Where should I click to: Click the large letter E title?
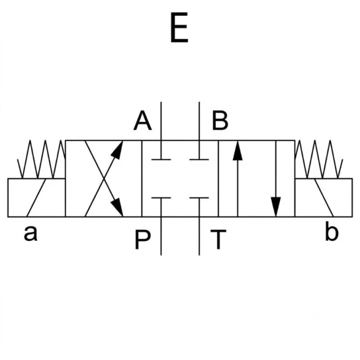pyautogui.click(x=179, y=27)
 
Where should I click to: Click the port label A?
pyautogui.click(x=143, y=120)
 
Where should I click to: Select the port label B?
pyautogui.click(x=220, y=120)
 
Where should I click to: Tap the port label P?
pyautogui.click(x=143, y=240)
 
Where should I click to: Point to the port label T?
pyautogui.click(x=219, y=240)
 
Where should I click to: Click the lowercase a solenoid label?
pyautogui.click(x=30, y=234)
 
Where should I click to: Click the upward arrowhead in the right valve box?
pyautogui.click(x=238, y=151)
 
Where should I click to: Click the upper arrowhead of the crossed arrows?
pyautogui.click(x=118, y=150)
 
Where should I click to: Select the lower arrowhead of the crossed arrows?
pyautogui.click(x=117, y=207)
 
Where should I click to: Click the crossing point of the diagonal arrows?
pyautogui.click(x=104, y=178)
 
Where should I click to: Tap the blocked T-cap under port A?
pyautogui.click(x=161, y=159)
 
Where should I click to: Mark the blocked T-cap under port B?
pyautogui.click(x=199, y=159)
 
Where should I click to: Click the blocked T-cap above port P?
pyautogui.click(x=161, y=198)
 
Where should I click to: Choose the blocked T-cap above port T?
pyautogui.click(x=199, y=198)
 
